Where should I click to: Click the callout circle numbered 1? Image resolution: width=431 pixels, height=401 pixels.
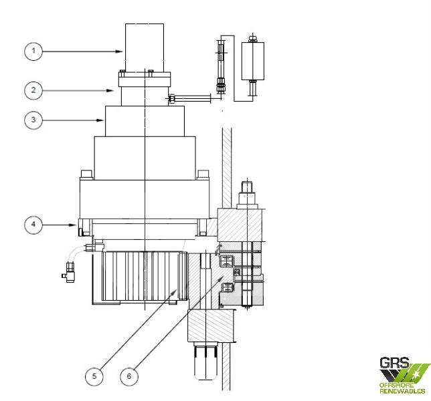33,51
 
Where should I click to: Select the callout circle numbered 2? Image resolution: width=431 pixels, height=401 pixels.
33,90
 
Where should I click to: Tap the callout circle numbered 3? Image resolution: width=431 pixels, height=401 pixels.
33,120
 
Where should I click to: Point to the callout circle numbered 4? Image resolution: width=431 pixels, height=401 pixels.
33,225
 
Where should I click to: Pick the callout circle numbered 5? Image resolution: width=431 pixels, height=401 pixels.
94,376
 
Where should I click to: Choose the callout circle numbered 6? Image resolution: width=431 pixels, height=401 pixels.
129,376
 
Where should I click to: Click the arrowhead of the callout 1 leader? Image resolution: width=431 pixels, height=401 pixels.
119,51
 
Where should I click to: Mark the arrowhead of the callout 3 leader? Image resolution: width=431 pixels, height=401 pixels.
100,120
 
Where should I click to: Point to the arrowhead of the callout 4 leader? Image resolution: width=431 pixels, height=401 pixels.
73,225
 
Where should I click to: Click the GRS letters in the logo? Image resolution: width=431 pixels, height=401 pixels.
394,363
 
